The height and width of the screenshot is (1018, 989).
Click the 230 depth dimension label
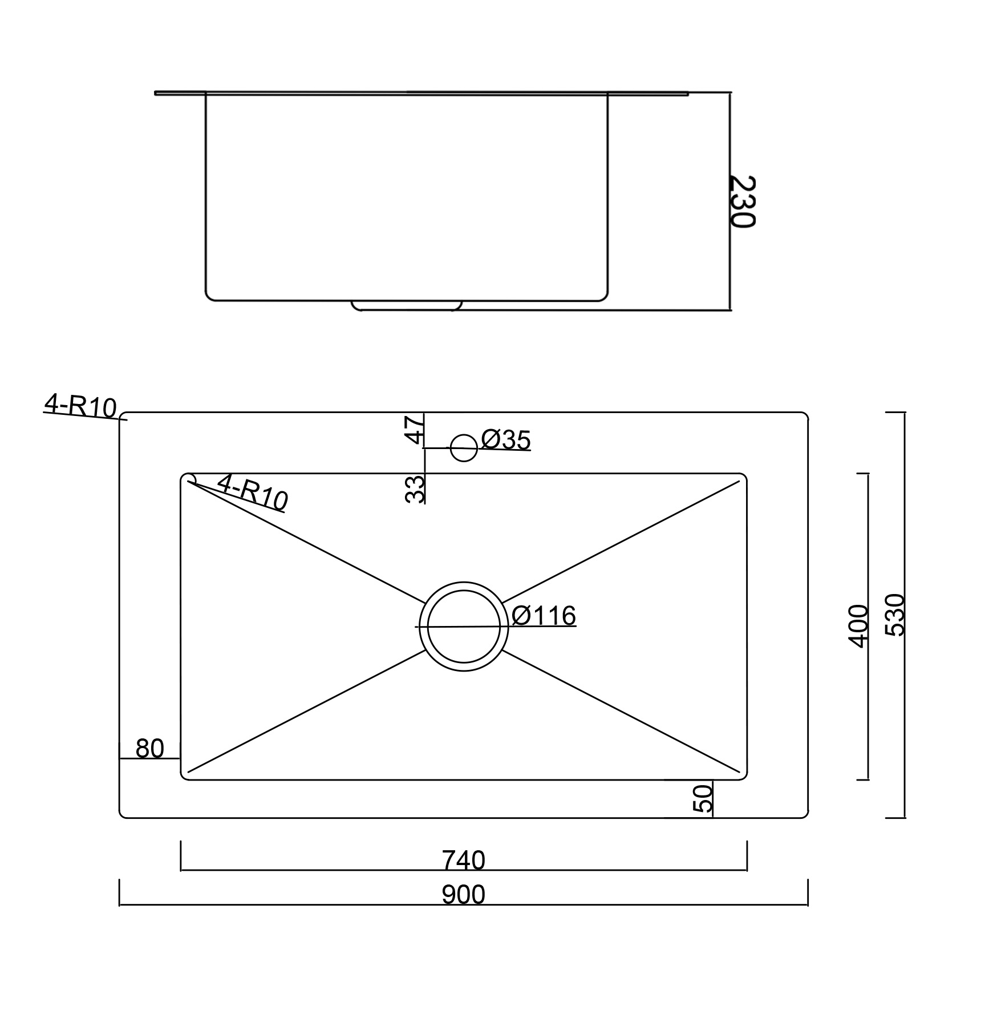coord(743,201)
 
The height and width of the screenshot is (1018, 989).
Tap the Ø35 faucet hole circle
coord(464,448)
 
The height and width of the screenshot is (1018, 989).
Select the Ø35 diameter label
coord(506,440)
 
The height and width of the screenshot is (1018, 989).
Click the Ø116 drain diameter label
coord(544,616)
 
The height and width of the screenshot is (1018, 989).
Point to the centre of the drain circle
coord(464,627)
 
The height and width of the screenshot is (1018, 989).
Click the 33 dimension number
coord(415,489)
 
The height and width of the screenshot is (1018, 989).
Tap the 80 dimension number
coord(150,749)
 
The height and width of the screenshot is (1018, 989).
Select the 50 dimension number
coord(703,798)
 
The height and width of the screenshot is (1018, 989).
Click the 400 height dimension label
coord(858,626)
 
